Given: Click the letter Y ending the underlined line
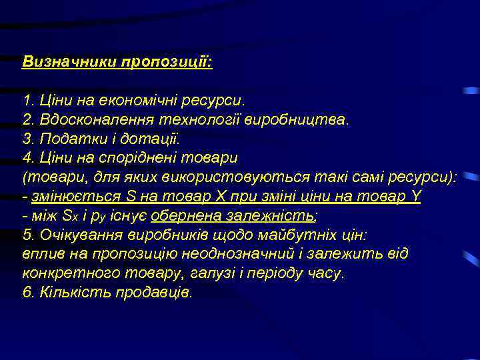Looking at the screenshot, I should pyautogui.click(x=416, y=197).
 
